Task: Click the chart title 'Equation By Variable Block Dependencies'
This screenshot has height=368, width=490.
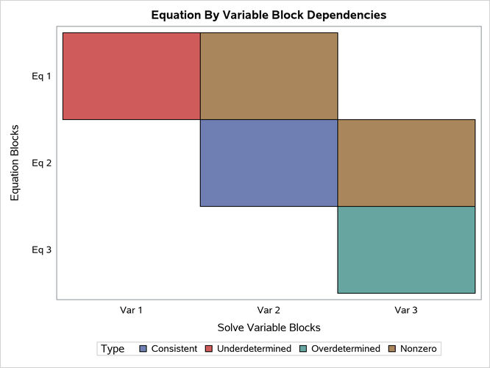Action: pos(269,15)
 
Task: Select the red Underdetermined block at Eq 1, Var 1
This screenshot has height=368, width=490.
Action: pos(132,76)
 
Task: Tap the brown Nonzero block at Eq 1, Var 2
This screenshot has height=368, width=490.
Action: pos(269,76)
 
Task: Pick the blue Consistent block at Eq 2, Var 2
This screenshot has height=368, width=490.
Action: pos(269,163)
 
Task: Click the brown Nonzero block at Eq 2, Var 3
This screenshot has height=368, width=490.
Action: pos(406,163)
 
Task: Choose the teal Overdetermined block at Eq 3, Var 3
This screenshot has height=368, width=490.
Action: pos(406,250)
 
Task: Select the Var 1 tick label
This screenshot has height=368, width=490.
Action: pos(132,311)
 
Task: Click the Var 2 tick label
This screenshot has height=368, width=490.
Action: pos(269,311)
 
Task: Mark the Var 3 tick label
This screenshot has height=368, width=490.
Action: pos(406,311)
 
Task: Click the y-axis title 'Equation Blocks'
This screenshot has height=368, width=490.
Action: pos(15,163)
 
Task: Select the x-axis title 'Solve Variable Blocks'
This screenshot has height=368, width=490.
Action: pos(269,328)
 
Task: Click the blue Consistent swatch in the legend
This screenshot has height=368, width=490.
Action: pos(143,349)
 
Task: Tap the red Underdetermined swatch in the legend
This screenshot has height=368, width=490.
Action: pos(209,349)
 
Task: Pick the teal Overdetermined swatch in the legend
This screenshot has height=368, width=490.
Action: pos(304,349)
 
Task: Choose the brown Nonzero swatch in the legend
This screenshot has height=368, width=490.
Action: pos(392,349)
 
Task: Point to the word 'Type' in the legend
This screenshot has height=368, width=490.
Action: pos(113,349)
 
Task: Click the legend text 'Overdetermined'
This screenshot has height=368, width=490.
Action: pos(346,349)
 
